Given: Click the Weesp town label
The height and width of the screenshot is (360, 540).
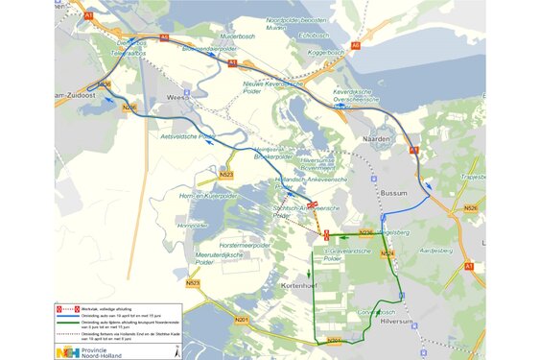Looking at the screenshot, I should [175, 97].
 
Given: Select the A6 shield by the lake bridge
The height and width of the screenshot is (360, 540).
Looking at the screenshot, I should [356, 44].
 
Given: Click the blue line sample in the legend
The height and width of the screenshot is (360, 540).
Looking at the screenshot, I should [70, 313].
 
